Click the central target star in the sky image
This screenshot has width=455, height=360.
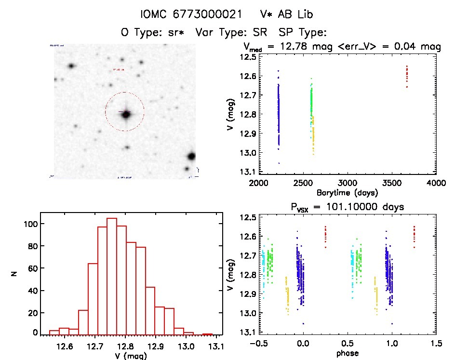(126, 114)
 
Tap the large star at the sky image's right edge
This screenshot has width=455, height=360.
(191, 156)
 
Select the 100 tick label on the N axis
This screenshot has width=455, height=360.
(31, 224)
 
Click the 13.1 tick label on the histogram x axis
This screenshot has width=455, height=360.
(215, 346)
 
